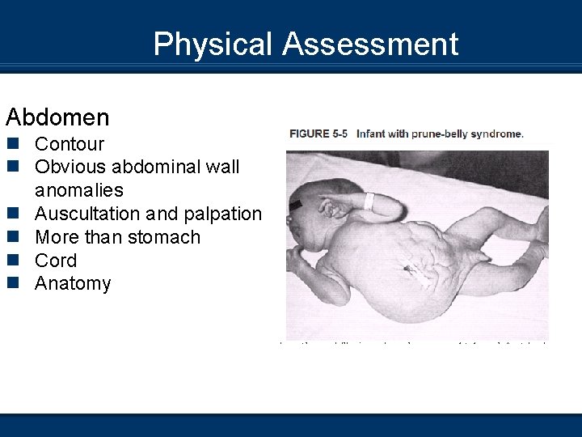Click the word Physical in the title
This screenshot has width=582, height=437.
click(x=213, y=45)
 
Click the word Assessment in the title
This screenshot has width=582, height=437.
click(x=370, y=45)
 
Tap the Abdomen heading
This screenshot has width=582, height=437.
click(x=57, y=117)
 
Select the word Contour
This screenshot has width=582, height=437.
click(x=70, y=145)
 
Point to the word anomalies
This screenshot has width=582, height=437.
click(x=79, y=191)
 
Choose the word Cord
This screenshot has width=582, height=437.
click(x=56, y=261)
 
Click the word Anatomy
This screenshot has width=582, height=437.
click(x=73, y=284)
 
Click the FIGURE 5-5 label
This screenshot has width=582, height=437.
click(x=320, y=134)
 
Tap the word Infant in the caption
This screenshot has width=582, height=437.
click(x=373, y=134)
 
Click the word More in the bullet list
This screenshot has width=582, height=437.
click(x=55, y=237)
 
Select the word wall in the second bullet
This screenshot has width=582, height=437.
click(x=224, y=168)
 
